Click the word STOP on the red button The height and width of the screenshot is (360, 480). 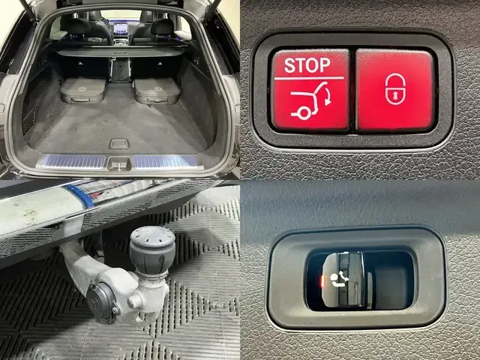pyautogui.click(x=307, y=65)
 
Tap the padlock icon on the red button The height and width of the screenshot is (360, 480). pyautogui.click(x=395, y=89)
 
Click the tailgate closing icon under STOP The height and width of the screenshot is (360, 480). pyautogui.click(x=310, y=100)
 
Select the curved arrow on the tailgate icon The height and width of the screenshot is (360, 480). pyautogui.click(x=327, y=97)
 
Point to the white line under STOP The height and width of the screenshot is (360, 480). pyautogui.click(x=309, y=78)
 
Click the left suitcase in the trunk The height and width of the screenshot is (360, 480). pyautogui.click(x=82, y=90)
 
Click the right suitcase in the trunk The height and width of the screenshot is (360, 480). pyautogui.click(x=157, y=91)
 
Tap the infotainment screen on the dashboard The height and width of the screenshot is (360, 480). pyautogui.click(x=121, y=29)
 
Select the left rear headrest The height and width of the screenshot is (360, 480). pyautogui.click(x=78, y=26)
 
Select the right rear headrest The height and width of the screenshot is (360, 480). pyautogui.click(x=163, y=27)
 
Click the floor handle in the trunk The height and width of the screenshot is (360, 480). pyautogui.click(x=119, y=144)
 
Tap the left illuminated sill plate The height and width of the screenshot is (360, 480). pyautogui.click(x=73, y=161)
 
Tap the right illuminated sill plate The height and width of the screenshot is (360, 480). pyautogui.click(x=166, y=162)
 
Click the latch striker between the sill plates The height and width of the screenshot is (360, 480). pyautogui.click(x=119, y=163)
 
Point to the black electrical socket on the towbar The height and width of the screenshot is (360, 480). pyautogui.click(x=101, y=302)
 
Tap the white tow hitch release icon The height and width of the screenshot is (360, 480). pyautogui.click(x=340, y=278)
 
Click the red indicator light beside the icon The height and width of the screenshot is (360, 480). pyautogui.click(x=322, y=280)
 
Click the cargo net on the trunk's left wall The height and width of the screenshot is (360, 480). pyautogui.click(x=29, y=119)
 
